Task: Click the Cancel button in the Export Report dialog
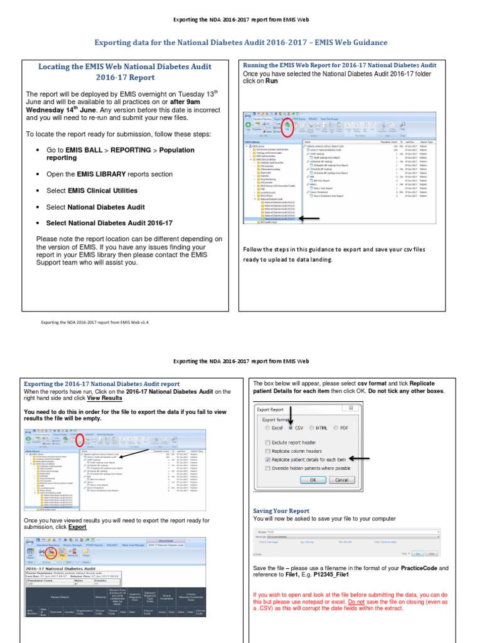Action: [x=342, y=480]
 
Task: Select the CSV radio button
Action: [x=291, y=428]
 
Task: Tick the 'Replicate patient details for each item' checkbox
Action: [x=268, y=459]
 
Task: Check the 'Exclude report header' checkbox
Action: [x=268, y=441]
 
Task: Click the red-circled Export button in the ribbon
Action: [x=50, y=554]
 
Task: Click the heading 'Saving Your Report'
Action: [x=281, y=511]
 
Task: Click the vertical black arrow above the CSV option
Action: [x=290, y=414]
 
